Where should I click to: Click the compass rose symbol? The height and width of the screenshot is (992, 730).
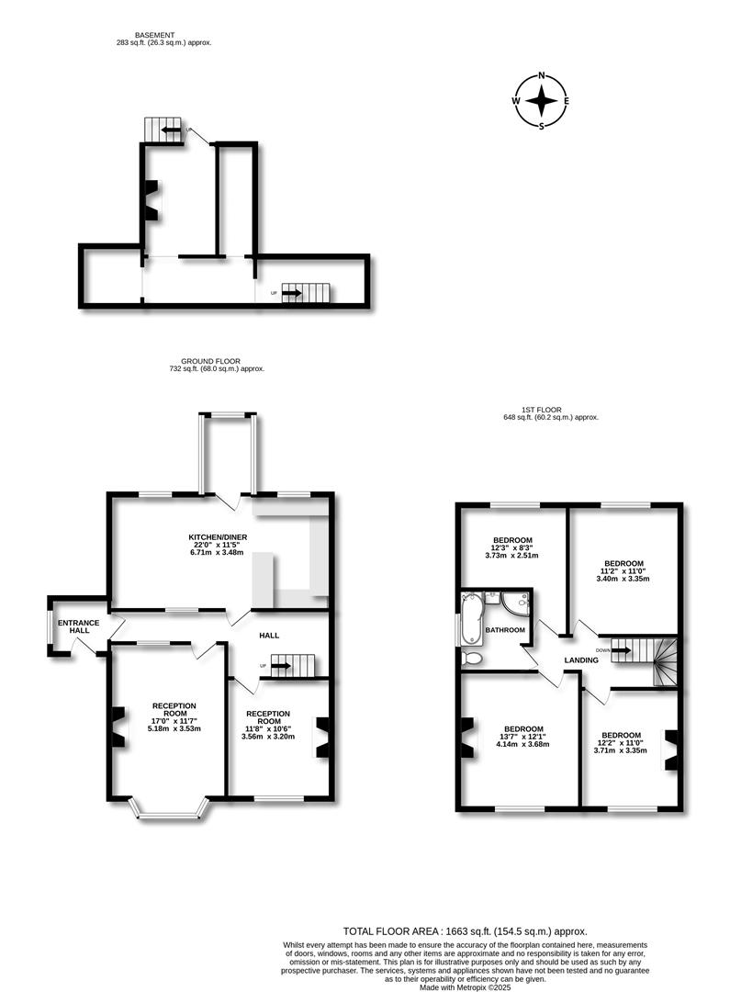pos(542,101)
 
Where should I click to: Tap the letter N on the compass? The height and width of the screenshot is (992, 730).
pos(542,76)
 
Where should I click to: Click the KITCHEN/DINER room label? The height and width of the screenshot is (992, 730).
pos(218,537)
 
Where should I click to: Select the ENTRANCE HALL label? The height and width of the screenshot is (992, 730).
pos(78,629)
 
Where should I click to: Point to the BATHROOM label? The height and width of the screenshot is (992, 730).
pos(506,630)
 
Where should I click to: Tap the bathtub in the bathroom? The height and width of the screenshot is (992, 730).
pos(472,619)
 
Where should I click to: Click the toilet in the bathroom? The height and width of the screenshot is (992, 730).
pos(472,657)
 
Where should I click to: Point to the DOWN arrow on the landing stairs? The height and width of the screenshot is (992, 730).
pos(621,649)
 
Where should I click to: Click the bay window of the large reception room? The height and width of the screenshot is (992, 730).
pos(170,808)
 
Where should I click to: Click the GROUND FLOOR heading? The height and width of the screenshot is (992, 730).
pos(217,361)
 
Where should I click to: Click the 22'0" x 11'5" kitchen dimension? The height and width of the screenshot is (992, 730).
pos(218,546)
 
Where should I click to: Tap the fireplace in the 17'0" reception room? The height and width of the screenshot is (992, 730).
pos(117,727)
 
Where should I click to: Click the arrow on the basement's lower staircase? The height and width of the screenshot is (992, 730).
pos(292,293)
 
